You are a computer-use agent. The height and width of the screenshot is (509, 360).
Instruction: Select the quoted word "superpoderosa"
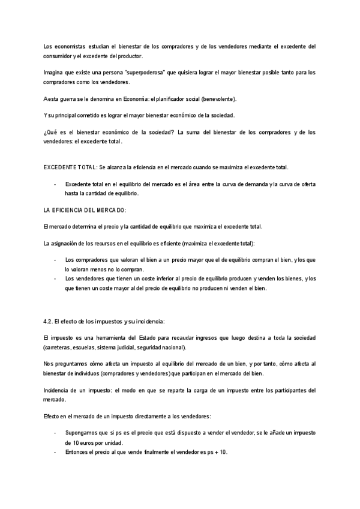[x=137, y=73]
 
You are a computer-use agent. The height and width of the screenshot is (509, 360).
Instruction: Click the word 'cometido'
[x=92, y=115]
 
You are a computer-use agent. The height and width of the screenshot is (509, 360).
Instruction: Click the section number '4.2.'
[x=50, y=321]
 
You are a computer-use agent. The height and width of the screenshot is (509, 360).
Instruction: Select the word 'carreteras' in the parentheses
[x=60, y=348]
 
